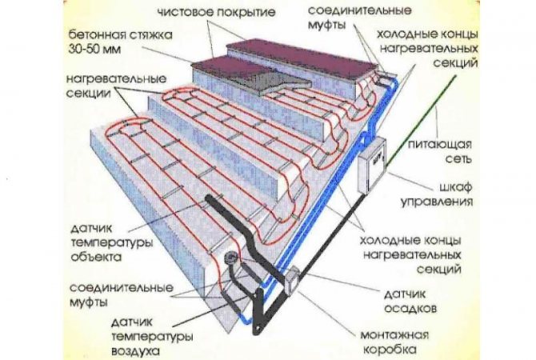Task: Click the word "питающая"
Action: click(446, 145)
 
